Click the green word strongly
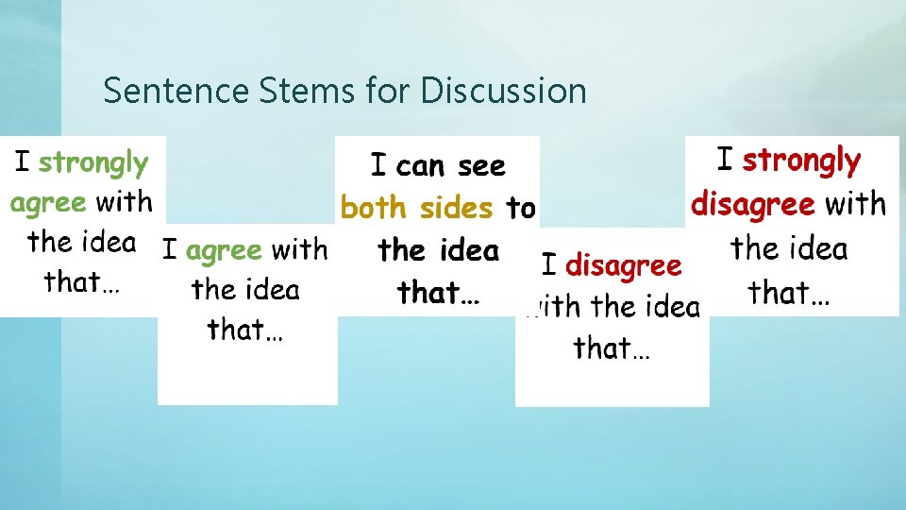click(x=93, y=163)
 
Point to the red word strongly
click(x=801, y=161)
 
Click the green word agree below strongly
click(x=48, y=202)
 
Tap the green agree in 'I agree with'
click(x=224, y=251)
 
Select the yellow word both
click(x=375, y=208)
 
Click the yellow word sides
click(x=456, y=207)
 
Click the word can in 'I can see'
click(x=420, y=167)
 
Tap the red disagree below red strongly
click(x=753, y=204)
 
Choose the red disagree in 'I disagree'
click(x=623, y=266)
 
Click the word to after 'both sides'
click(x=521, y=208)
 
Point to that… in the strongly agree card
click(x=82, y=282)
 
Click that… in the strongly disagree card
click(x=790, y=293)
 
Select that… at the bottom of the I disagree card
click(x=612, y=348)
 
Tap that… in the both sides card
click(x=439, y=293)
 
